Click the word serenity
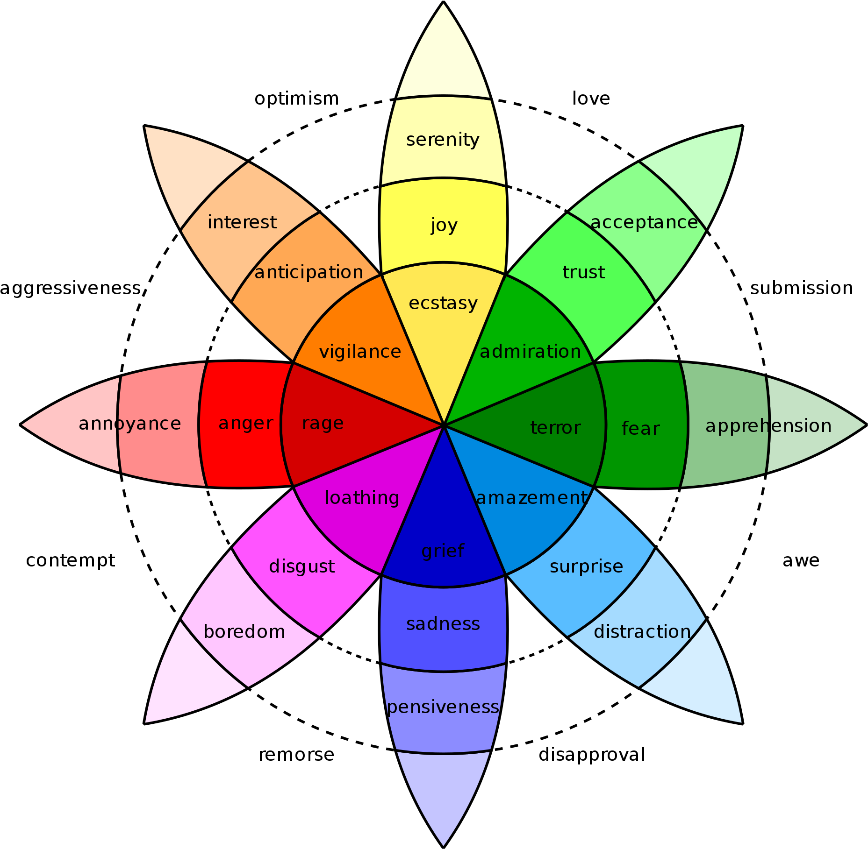tap(443, 140)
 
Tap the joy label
tap(444, 226)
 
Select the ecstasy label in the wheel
tap(443, 303)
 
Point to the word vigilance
tap(360, 351)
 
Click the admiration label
tap(530, 351)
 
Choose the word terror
tap(555, 427)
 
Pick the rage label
tap(323, 423)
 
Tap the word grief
tap(443, 551)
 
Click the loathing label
tap(362, 498)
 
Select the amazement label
tap(531, 498)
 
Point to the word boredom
tap(244, 631)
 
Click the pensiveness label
tap(443, 707)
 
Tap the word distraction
tap(642, 631)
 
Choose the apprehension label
tap(768, 426)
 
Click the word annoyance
tap(129, 424)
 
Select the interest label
tap(242, 222)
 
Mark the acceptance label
tap(644, 222)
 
